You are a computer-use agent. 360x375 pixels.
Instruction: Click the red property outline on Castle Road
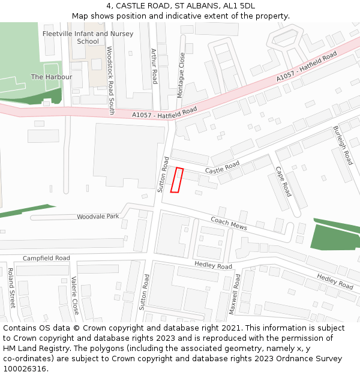[176, 180]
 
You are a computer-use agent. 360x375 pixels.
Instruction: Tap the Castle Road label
[222, 167]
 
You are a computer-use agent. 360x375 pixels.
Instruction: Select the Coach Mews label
[229, 223]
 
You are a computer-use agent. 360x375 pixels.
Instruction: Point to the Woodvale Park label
[98, 216]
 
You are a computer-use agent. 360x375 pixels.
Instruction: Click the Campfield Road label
[46, 258]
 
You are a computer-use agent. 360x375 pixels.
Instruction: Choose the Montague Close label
[181, 75]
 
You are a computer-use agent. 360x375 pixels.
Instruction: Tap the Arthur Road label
[154, 66]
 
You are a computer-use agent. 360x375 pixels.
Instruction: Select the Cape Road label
[283, 181]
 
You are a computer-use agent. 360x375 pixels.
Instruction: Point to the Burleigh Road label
[343, 145]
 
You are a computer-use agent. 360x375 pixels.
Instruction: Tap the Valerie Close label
[74, 295]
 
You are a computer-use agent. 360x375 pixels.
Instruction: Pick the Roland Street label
[11, 287]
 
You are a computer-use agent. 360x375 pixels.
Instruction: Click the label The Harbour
[52, 77]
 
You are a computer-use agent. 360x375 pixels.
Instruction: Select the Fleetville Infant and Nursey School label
[88, 37]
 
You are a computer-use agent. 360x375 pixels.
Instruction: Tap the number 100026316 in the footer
[25, 368]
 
